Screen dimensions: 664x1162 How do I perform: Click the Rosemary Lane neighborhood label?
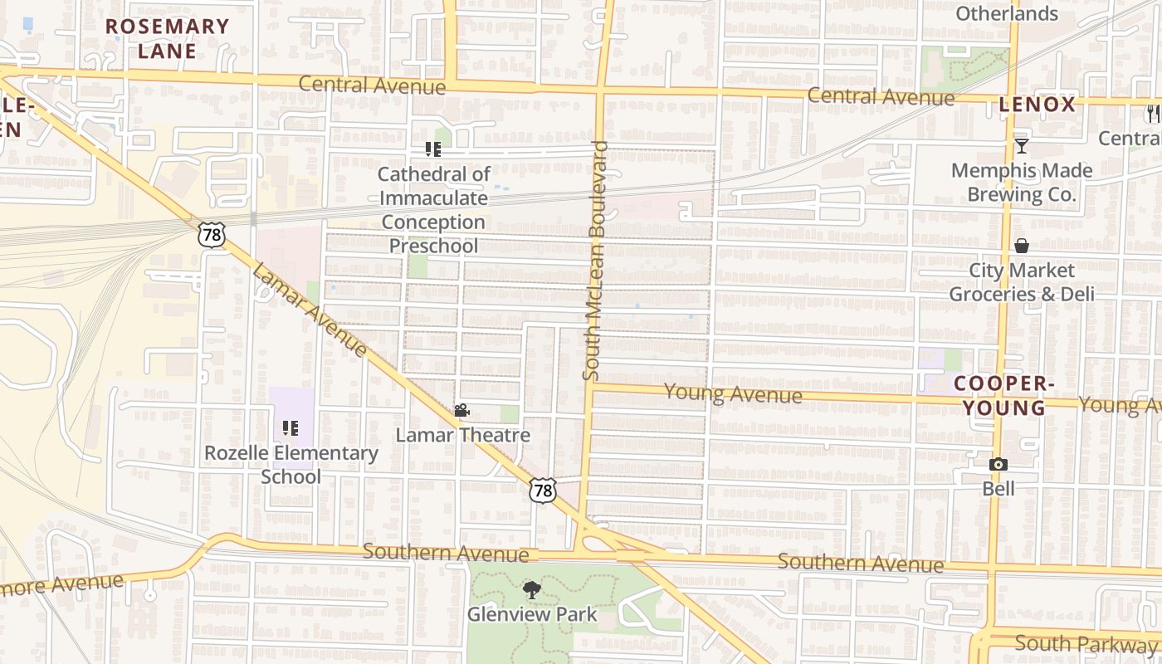(167, 38)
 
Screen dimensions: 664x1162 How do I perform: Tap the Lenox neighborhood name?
(1037, 105)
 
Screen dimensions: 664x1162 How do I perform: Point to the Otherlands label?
(1007, 13)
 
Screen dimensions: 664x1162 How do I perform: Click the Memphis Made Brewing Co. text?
(1021, 183)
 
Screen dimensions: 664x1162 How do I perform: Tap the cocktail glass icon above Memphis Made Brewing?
(1021, 146)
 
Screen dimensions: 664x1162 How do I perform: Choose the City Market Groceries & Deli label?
(1021, 282)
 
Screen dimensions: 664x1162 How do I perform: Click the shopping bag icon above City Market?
(1021, 246)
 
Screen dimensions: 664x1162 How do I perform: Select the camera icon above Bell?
(998, 465)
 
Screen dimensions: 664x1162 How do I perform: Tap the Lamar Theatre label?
(462, 435)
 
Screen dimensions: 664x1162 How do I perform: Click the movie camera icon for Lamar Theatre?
(462, 410)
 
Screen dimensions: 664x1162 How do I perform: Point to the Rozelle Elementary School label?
(291, 465)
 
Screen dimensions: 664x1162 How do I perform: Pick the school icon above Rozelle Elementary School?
(290, 428)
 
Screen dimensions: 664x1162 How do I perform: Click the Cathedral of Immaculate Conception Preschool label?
(433, 210)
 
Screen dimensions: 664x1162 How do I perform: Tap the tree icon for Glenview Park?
(532, 590)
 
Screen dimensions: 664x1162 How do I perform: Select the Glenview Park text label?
(532, 614)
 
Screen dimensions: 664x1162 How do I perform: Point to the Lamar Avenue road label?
(310, 310)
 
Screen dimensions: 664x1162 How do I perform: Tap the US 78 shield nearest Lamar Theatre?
(542, 491)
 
